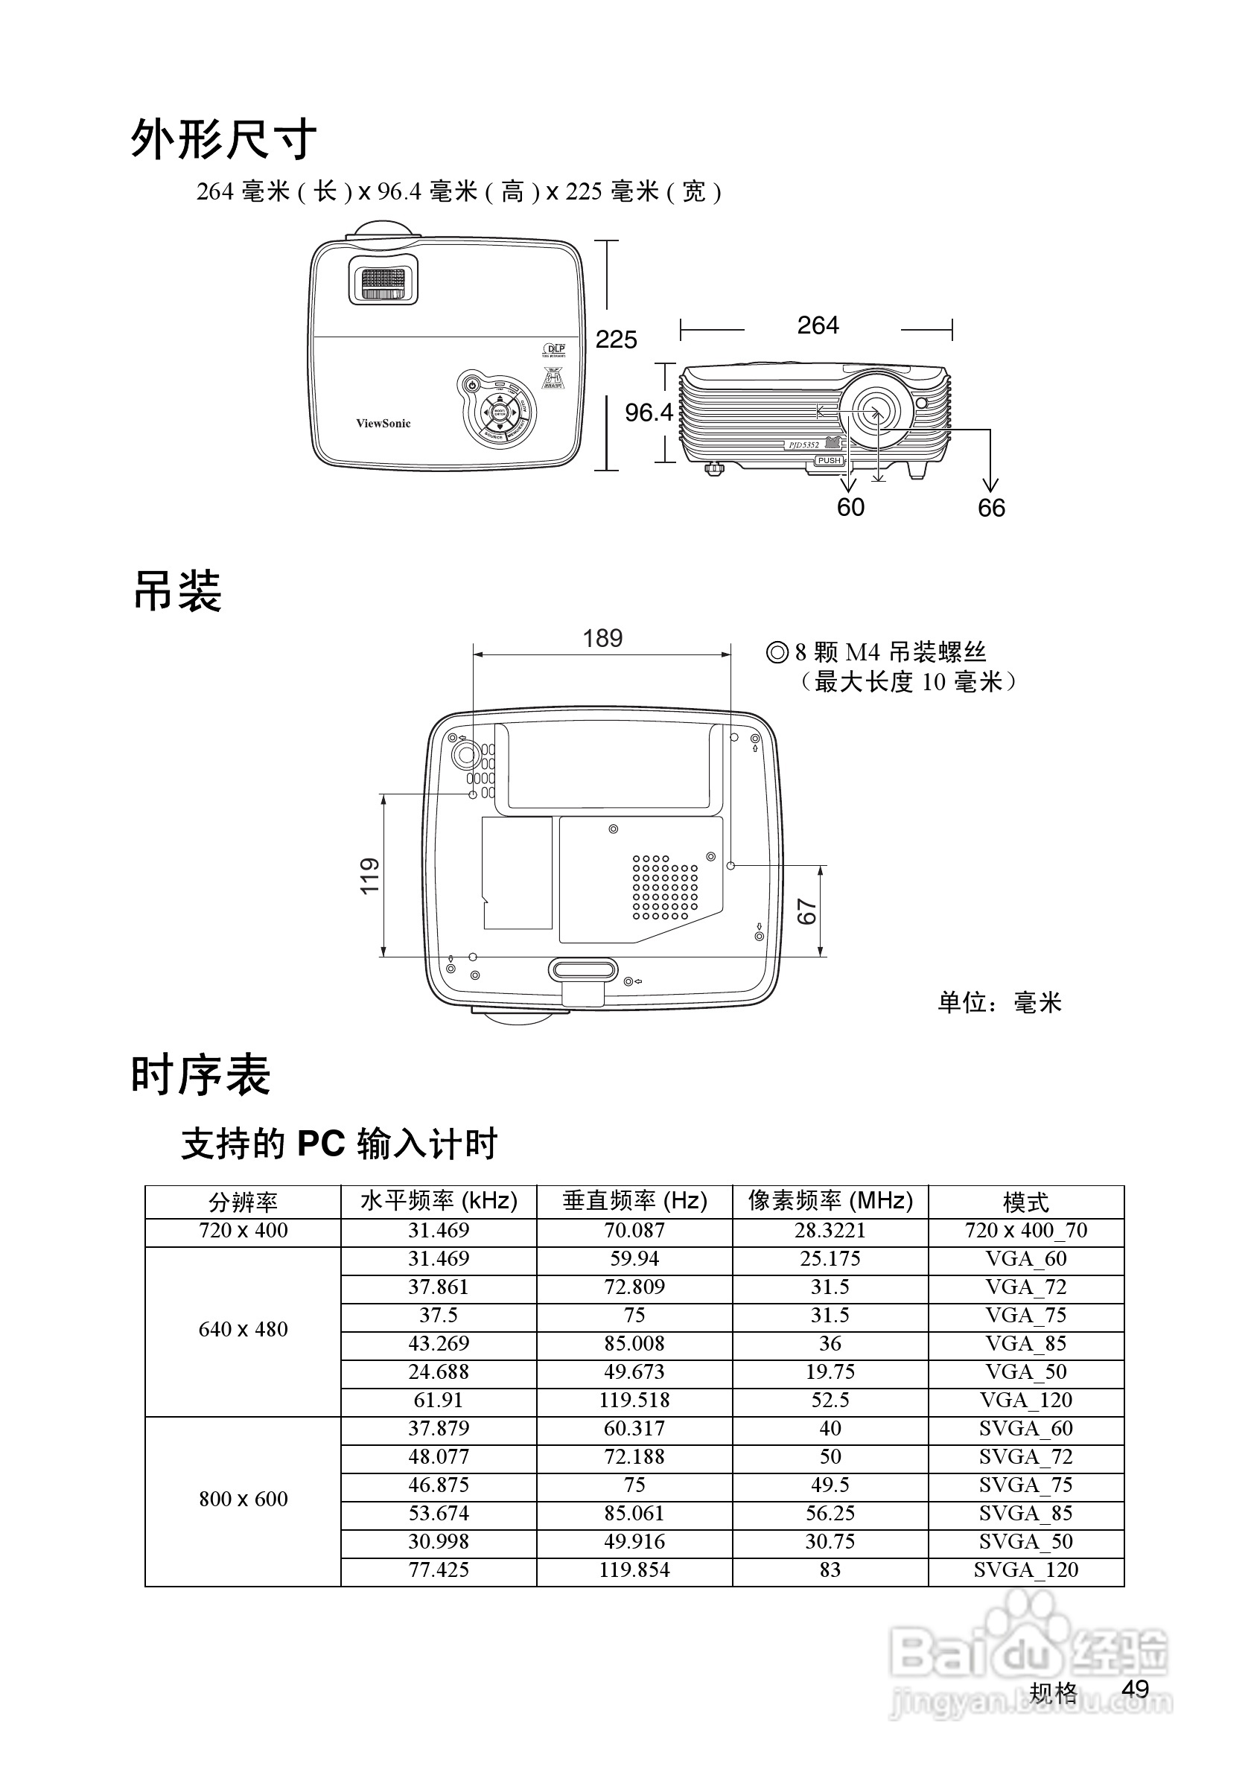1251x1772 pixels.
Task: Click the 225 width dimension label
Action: (616, 340)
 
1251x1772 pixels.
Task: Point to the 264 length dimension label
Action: (818, 325)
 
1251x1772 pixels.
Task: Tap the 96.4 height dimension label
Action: (649, 413)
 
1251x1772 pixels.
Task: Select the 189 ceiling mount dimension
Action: (602, 638)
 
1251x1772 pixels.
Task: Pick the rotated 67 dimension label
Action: (806, 911)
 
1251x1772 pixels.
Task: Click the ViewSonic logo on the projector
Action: (383, 424)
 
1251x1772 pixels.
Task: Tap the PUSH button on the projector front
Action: (829, 461)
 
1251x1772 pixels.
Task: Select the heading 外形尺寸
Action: (224, 140)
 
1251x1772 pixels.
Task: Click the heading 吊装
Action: (177, 592)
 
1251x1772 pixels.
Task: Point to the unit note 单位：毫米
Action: (999, 1003)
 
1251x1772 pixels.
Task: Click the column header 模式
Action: (1025, 1202)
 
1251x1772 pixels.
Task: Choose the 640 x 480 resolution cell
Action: (243, 1329)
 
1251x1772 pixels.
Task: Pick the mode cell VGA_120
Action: (1025, 1400)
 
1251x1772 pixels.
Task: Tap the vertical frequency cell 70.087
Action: (634, 1230)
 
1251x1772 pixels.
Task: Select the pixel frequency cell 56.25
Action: (830, 1513)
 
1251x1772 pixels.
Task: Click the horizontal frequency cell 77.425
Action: (439, 1569)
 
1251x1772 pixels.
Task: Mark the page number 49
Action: (1136, 1689)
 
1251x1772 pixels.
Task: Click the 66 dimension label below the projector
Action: (991, 508)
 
